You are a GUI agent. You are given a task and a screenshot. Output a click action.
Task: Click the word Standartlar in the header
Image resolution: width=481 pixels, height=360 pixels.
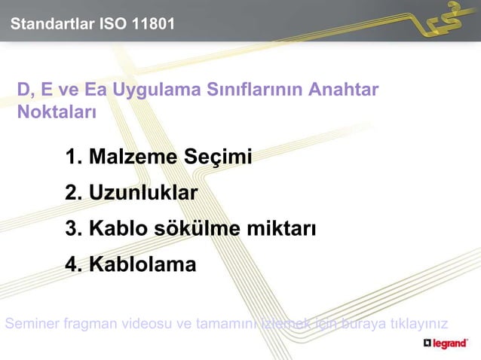pyautogui.click(x=51, y=25)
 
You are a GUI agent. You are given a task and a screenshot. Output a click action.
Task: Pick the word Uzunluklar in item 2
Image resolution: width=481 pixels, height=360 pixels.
pyautogui.click(x=142, y=194)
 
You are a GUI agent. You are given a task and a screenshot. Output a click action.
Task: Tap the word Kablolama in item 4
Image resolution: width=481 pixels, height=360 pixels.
pyautogui.click(x=142, y=264)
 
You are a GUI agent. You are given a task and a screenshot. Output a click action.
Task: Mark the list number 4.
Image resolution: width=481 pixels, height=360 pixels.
pyautogui.click(x=73, y=264)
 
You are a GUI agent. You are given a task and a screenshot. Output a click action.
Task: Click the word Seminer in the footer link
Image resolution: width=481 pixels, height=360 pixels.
pyautogui.click(x=30, y=325)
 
